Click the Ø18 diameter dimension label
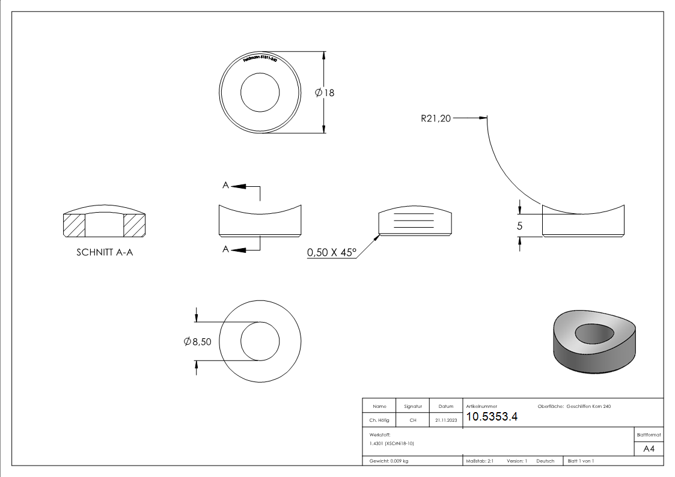click(325, 93)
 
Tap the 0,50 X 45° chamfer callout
click(332, 253)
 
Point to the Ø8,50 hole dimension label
click(197, 341)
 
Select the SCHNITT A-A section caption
click(105, 253)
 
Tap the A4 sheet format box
click(649, 449)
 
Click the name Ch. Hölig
click(379, 421)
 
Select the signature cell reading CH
click(412, 421)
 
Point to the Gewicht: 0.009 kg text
click(389, 461)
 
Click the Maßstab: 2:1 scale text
click(480, 461)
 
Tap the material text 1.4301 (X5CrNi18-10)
click(392, 443)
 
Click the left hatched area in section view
click(74, 225)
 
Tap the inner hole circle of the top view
click(260, 93)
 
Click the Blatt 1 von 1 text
click(581, 461)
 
